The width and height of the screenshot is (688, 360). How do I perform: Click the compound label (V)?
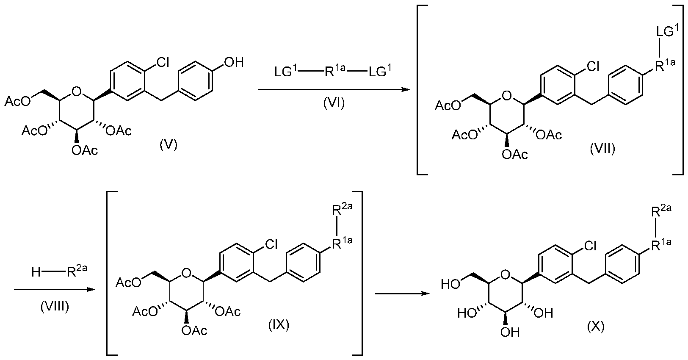click(x=169, y=144)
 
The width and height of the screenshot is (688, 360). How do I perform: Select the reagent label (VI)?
click(x=334, y=103)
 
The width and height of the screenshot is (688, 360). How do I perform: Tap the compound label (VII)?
click(x=602, y=149)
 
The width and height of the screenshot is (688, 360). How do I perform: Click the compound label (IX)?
click(x=279, y=325)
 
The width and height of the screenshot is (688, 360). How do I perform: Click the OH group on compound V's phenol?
click(x=234, y=62)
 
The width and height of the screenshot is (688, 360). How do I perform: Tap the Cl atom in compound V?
click(x=163, y=63)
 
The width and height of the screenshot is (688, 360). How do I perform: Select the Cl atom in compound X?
click(x=590, y=246)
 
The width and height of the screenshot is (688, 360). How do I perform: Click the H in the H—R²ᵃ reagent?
click(x=36, y=272)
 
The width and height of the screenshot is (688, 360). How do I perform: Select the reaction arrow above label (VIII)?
click(x=55, y=289)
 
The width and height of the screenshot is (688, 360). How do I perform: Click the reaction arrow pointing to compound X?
click(x=402, y=294)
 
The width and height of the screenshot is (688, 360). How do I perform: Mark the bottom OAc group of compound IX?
click(x=194, y=331)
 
